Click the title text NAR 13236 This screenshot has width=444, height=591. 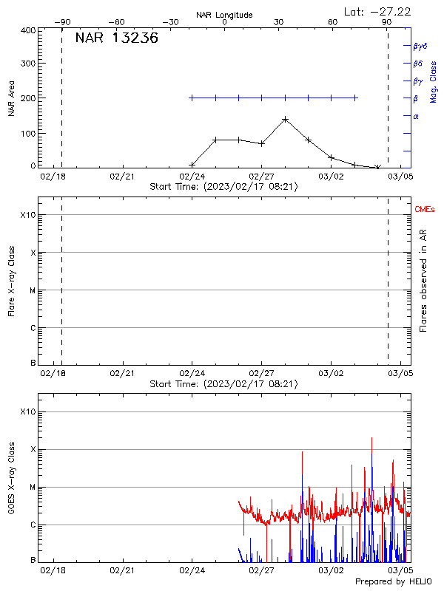coord(116,39)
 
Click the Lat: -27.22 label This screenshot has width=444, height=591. coord(378,11)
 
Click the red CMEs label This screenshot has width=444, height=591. coord(425,210)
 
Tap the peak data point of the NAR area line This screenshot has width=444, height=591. coord(285,119)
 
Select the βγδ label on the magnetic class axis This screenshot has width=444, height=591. coord(420,46)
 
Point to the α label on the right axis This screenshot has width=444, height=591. coord(416,116)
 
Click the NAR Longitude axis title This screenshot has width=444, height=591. coord(224,15)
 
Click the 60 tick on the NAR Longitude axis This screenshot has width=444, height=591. coord(333,22)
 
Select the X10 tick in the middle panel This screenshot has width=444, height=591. coord(27,215)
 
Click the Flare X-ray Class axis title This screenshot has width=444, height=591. coord(11,281)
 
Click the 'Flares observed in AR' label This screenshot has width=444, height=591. coord(423,281)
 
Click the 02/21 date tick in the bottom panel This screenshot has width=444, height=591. coord(122,571)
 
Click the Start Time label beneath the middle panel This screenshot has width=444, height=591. coord(223,383)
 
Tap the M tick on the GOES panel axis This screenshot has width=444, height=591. coord(32,488)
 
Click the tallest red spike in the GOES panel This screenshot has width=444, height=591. coord(371,438)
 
